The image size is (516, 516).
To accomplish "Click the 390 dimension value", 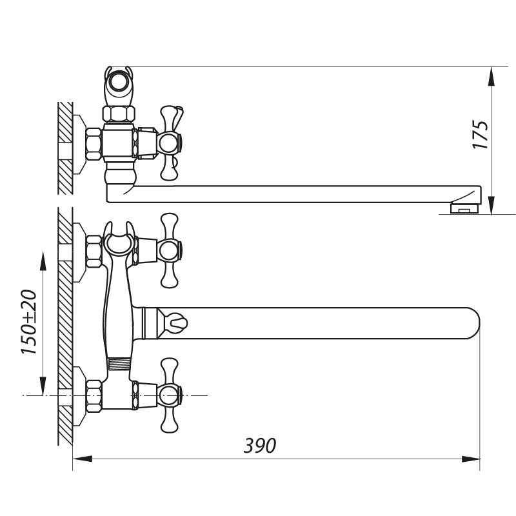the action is pyautogui.click(x=260, y=446).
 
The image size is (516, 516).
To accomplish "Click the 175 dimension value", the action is pyautogui.click(x=481, y=135).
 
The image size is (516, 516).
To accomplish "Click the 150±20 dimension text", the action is pyautogui.click(x=29, y=322).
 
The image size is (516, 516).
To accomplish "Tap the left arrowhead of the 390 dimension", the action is pyautogui.click(x=83, y=459).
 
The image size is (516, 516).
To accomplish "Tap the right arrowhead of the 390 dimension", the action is pyautogui.click(x=471, y=459).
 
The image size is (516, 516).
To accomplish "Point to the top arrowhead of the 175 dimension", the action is pyautogui.click(x=491, y=77).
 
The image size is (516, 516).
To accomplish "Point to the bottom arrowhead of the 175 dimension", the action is pyautogui.click(x=491, y=205).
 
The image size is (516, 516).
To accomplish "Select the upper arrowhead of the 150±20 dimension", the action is pyautogui.click(x=43, y=261).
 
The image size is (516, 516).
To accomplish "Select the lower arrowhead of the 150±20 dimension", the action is pyautogui.click(x=43, y=386).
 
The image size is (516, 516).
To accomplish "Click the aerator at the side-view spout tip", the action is pyautogui.click(x=464, y=208).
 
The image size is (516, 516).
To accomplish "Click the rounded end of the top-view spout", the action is pyautogui.click(x=472, y=323).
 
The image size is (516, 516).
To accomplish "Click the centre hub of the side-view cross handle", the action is pyautogui.click(x=169, y=143).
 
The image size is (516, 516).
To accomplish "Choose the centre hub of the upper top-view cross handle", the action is pyautogui.click(x=169, y=250).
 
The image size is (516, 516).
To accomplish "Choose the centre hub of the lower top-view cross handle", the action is pyautogui.click(x=169, y=395).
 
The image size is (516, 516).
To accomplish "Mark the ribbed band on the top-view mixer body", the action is pyautogui.click(x=119, y=364).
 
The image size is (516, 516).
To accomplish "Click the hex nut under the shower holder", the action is pyautogui.click(x=119, y=114).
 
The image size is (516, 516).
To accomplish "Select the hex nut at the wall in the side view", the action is pyautogui.click(x=94, y=144).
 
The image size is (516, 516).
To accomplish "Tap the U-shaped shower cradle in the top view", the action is pyautogui.click(x=119, y=239).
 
